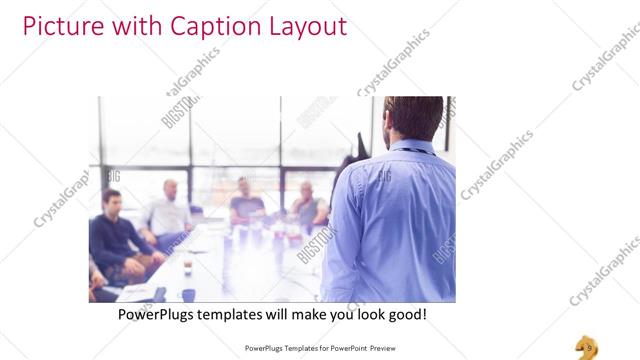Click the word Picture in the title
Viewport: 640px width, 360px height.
click(x=59, y=26)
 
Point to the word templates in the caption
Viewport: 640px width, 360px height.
click(x=244, y=314)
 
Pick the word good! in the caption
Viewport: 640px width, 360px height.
click(x=406, y=314)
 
